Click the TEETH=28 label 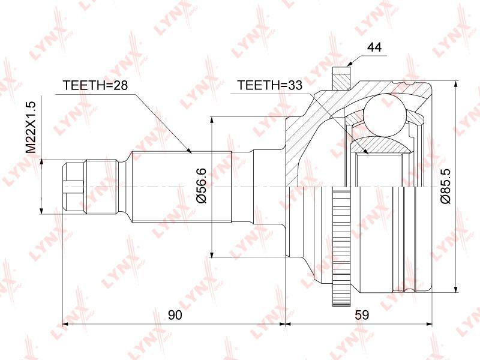pyautogui.click(x=95, y=85)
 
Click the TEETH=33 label pyautogui.click(x=269, y=85)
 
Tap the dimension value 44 pyautogui.click(x=374, y=47)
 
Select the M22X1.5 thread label pyautogui.click(x=31, y=128)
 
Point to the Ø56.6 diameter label pyautogui.click(x=202, y=186)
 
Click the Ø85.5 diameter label pyautogui.click(x=446, y=186)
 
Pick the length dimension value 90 pyautogui.click(x=175, y=314)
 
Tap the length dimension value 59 pyautogui.click(x=362, y=314)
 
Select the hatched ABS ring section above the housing pyautogui.click(x=341, y=79)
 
